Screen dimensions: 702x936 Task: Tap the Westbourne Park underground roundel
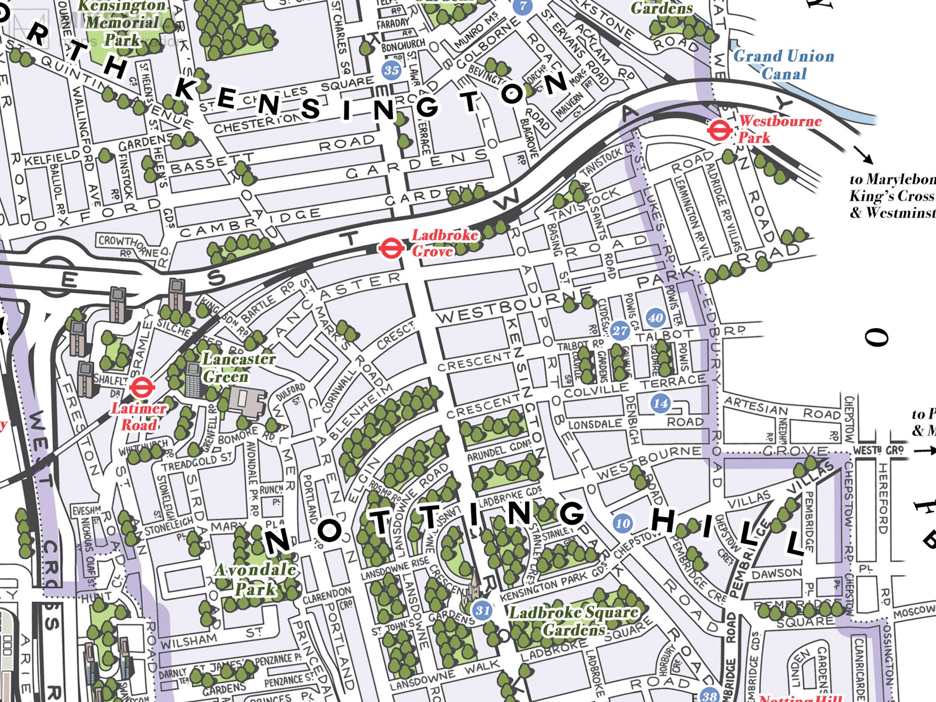[719, 131]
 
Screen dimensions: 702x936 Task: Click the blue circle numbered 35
[391, 70]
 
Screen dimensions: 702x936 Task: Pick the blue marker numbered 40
[655, 317]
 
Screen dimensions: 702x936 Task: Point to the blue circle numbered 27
[620, 330]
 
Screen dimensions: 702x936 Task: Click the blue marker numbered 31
[482, 610]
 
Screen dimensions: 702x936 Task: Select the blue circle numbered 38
[709, 695]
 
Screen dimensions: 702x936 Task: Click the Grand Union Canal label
[784, 65]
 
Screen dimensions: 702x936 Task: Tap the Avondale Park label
[255, 579]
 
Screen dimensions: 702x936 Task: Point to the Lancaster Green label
[238, 367]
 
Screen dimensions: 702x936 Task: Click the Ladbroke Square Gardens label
[574, 621]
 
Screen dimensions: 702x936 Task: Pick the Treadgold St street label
[196, 462]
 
